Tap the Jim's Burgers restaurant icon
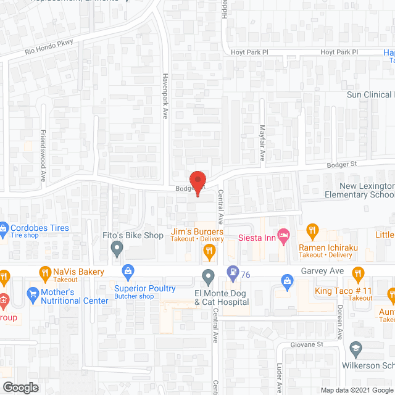[209, 250]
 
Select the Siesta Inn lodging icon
[283, 235]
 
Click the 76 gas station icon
[232, 270]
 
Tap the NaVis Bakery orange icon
[44, 272]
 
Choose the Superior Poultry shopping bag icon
[128, 271]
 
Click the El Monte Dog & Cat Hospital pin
[209, 275]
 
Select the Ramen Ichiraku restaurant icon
[312, 232]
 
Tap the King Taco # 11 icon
[357, 273]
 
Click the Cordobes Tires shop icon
[4, 228]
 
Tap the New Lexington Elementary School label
[359, 190]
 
